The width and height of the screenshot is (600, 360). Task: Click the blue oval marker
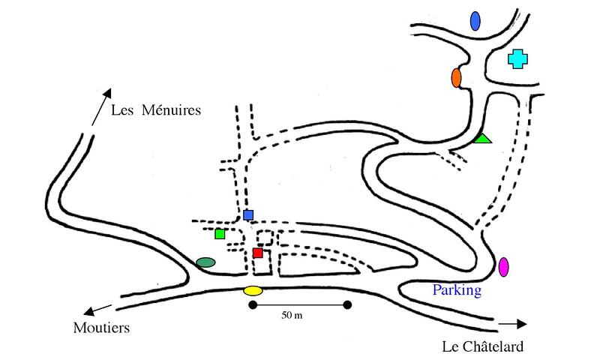click(x=475, y=21)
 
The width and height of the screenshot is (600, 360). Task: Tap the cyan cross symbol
click(x=517, y=59)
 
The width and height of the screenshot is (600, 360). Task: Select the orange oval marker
click(x=456, y=78)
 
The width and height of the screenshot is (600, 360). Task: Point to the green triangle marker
click(x=482, y=139)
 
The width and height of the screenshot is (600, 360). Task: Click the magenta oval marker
click(x=503, y=267)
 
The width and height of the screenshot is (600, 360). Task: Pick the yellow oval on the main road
click(x=253, y=291)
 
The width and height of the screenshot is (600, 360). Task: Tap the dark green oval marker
click(x=205, y=262)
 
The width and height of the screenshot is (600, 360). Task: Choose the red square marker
click(x=258, y=253)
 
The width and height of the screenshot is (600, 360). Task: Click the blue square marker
click(x=248, y=215)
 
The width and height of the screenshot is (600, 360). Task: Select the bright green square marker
click(x=220, y=234)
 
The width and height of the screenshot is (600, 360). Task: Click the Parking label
click(x=457, y=290)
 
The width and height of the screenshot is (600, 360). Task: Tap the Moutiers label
click(x=101, y=328)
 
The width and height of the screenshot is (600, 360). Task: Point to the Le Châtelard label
click(x=483, y=346)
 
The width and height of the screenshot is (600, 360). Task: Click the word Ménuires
click(x=171, y=110)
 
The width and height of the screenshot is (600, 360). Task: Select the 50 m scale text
click(x=292, y=315)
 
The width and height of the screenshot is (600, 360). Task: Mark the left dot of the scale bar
click(x=253, y=305)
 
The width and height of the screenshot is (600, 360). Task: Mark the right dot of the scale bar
click(x=347, y=305)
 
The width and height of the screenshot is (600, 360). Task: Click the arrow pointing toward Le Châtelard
click(x=513, y=324)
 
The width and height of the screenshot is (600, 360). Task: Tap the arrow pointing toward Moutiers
click(x=98, y=310)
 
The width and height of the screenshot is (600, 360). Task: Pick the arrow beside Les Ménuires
click(x=102, y=106)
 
